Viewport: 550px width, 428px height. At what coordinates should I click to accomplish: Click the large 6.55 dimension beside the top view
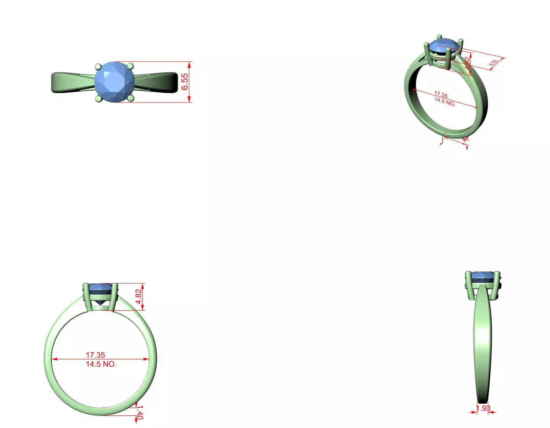coord(185,82)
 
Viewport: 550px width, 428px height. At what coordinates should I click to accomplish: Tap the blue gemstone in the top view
coord(114,82)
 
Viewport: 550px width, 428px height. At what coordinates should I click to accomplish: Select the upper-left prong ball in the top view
coord(98,66)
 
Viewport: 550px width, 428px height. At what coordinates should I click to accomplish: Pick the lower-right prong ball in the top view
coord(131,98)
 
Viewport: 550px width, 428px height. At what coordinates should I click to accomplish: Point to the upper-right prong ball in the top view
coord(131,66)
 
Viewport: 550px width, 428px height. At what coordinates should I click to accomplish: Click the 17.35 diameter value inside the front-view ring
coord(95,355)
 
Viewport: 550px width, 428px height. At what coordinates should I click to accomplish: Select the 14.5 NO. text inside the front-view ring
coord(101,364)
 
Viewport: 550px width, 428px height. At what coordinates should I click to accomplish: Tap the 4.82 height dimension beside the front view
coord(138,296)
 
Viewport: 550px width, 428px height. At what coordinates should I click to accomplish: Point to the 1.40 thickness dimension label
coord(139,413)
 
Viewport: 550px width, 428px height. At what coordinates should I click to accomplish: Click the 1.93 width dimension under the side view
coord(483,408)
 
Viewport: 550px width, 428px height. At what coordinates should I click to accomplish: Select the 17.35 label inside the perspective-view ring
coord(441,95)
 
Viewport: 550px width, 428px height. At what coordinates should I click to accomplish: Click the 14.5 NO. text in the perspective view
coord(445,102)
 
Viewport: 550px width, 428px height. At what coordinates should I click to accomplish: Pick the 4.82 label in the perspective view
coord(467,63)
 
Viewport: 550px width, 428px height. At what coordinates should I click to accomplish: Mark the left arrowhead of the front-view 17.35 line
coord(54,359)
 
